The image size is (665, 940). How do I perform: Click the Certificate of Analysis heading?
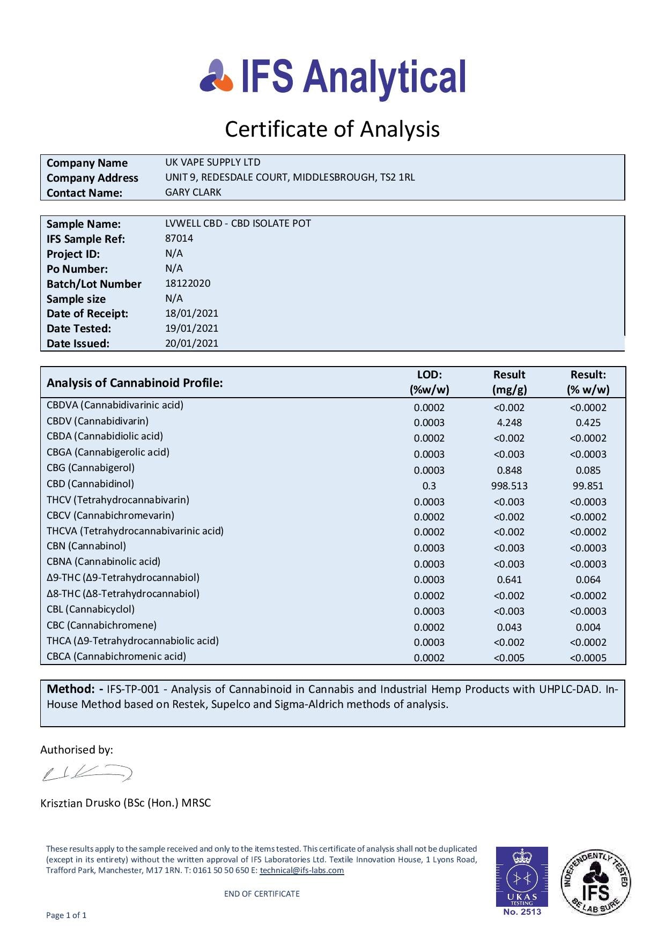tap(332, 129)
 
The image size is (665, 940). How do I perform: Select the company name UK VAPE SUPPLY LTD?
tap(212, 162)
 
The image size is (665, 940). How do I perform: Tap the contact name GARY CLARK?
tap(193, 192)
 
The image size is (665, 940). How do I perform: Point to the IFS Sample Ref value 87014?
tap(179, 238)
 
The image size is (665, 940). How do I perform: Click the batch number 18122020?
tap(188, 283)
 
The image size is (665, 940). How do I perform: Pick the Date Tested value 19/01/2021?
tap(191, 328)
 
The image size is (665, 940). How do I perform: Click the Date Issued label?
tap(78, 344)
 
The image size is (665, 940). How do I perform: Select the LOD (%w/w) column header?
tap(429, 382)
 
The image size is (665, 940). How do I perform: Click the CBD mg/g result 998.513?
tap(509, 486)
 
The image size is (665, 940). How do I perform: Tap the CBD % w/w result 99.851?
tap(588, 486)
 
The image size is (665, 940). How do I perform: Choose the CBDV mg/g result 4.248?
tap(509, 422)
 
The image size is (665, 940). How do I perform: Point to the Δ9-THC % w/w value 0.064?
tap(588, 579)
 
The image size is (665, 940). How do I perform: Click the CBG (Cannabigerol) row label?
tap(91, 467)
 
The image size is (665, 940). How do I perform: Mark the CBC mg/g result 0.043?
tap(509, 627)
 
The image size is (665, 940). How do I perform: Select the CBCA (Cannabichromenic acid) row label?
tap(116, 656)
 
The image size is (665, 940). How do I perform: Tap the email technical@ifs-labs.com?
tap(301, 870)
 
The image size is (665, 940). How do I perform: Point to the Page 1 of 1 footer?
tap(66, 915)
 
